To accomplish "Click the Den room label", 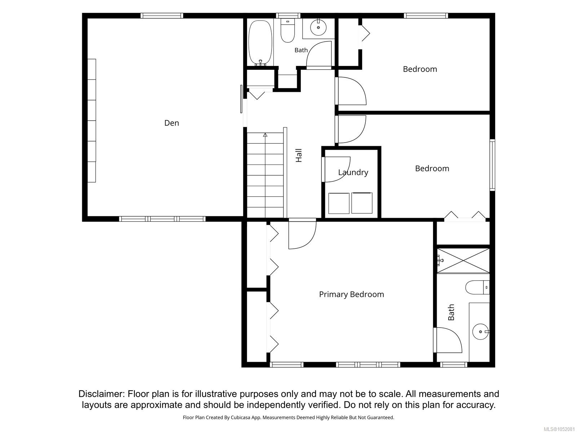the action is pyautogui.click(x=171, y=123).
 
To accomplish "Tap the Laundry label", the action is pyautogui.click(x=353, y=172).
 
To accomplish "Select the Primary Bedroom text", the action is pyautogui.click(x=352, y=294).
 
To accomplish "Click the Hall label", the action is pyautogui.click(x=299, y=156).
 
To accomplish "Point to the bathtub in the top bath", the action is pyautogui.click(x=260, y=43).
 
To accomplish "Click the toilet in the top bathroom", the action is pyautogui.click(x=287, y=31).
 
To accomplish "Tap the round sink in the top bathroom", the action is pyautogui.click(x=318, y=27).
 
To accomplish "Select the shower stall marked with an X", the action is pyautogui.click(x=463, y=261).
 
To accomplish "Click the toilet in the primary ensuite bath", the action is pyautogui.click(x=477, y=288).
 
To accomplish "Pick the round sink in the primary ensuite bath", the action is pyautogui.click(x=480, y=332).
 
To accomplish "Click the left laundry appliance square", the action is pyautogui.click(x=339, y=203).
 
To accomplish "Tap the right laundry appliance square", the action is pyautogui.click(x=362, y=203).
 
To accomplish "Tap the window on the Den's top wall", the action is pyautogui.click(x=162, y=15).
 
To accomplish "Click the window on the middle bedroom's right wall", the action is pyautogui.click(x=492, y=165).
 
